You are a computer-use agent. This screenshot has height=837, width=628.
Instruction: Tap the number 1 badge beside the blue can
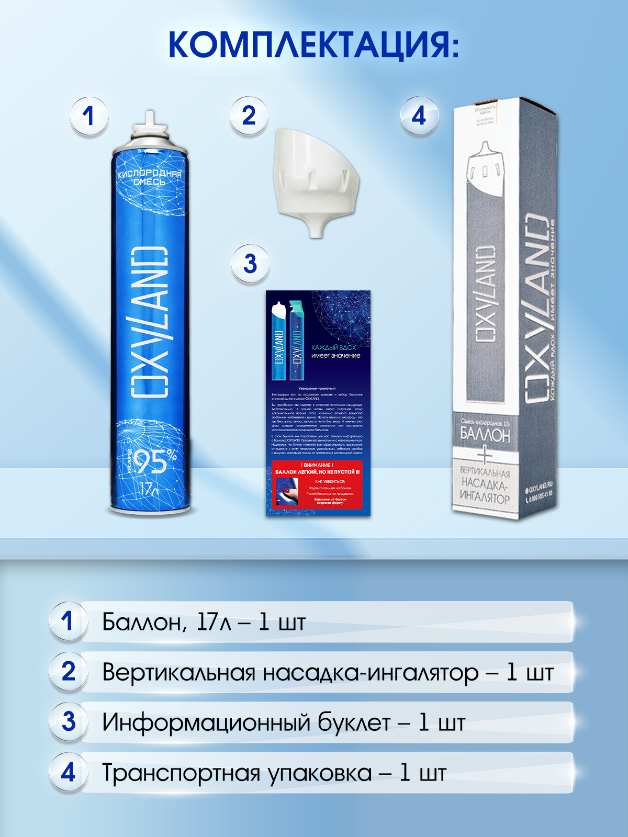tap(88, 116)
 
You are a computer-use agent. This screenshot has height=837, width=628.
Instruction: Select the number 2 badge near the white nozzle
tap(249, 116)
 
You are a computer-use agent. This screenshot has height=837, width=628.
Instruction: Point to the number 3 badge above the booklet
tap(250, 264)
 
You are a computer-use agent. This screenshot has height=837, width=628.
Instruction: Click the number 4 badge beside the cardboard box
tap(419, 116)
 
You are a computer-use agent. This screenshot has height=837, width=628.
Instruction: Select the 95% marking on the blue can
tap(154, 460)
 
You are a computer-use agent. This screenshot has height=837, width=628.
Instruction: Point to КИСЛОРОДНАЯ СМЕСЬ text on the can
tap(150, 178)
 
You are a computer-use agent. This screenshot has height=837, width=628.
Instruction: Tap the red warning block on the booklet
tap(317, 484)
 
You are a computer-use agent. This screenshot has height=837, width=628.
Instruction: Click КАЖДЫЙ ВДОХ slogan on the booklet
tap(334, 347)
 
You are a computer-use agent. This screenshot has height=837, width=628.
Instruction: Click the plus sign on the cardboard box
tap(485, 455)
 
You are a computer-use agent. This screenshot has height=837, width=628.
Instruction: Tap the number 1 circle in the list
tap(67, 621)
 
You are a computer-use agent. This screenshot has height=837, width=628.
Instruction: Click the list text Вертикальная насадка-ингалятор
tap(290, 672)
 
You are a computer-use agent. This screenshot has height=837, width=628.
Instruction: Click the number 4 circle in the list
tap(68, 773)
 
